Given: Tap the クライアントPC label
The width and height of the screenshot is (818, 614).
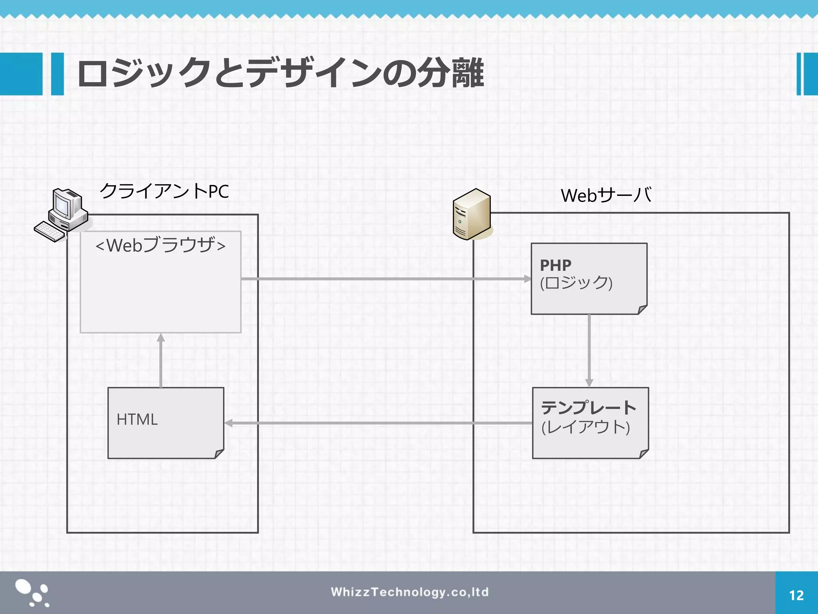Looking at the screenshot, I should pos(164,191).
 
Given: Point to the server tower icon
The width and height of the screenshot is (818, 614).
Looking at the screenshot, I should pos(472,214).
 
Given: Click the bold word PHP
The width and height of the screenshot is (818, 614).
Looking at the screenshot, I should pos(556,265).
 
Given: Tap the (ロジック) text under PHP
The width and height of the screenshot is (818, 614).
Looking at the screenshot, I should pos(576,283).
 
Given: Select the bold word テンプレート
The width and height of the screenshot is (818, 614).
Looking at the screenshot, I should pos(588,408).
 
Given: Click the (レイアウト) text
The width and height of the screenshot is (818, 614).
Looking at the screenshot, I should pos(586,427).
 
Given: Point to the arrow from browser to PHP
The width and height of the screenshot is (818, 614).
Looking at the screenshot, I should pos(383,279).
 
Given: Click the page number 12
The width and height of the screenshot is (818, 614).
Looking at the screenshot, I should pos(796,596).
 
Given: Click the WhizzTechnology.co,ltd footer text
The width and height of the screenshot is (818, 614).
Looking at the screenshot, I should pos(409,592).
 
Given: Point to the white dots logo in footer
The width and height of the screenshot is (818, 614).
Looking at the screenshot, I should pos(32,593).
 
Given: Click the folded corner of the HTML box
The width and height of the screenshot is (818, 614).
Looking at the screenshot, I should pos(219,454).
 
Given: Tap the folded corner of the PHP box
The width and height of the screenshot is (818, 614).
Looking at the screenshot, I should pos(642,309).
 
